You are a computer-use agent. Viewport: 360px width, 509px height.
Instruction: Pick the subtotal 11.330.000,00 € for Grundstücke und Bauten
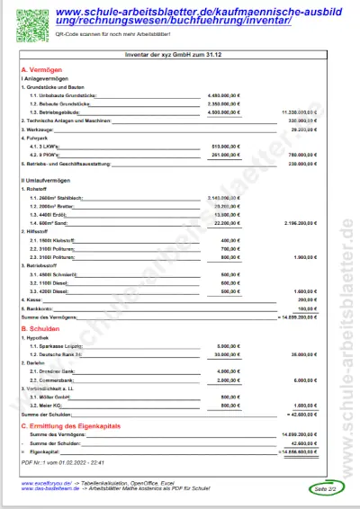[296, 112]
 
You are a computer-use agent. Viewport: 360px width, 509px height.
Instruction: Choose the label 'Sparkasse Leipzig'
[59, 345]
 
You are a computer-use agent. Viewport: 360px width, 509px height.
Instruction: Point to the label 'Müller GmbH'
[54, 397]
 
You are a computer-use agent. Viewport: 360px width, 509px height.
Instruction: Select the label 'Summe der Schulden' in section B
[44, 413]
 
